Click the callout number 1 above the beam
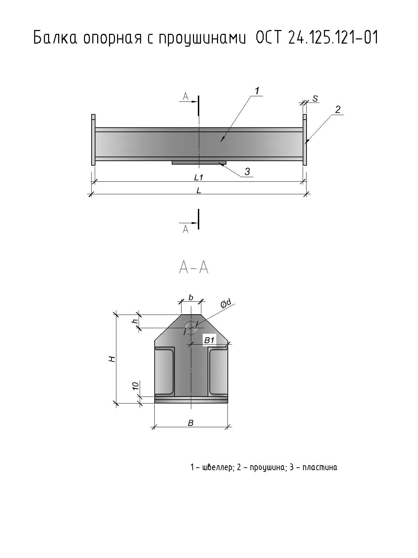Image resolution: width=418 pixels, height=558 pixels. coord(257,91)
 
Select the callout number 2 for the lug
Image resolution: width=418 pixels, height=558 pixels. coord(338,110)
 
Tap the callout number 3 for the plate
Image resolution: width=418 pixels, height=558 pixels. coord(247,172)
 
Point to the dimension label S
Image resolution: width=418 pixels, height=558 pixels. coord(315,99)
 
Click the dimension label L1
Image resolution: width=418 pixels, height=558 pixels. coord(199,178)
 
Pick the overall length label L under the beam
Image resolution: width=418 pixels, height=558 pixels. coord(199,190)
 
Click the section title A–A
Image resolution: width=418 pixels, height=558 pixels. coord(194,267)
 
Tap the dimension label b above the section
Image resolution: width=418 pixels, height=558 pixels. coord(191,297)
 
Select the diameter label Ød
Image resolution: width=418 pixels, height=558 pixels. coord(226,304)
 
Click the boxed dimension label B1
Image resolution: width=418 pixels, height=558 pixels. coord(209,340)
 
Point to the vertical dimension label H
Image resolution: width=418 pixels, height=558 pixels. coord(112,359)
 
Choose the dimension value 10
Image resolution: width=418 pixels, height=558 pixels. coord(136,386)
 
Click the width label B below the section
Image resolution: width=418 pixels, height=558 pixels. coord(191,423)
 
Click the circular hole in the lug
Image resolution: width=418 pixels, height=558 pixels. coord(191,327)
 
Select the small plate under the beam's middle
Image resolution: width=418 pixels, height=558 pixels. coord(199,163)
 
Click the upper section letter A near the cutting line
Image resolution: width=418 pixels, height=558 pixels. coord(186,96)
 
